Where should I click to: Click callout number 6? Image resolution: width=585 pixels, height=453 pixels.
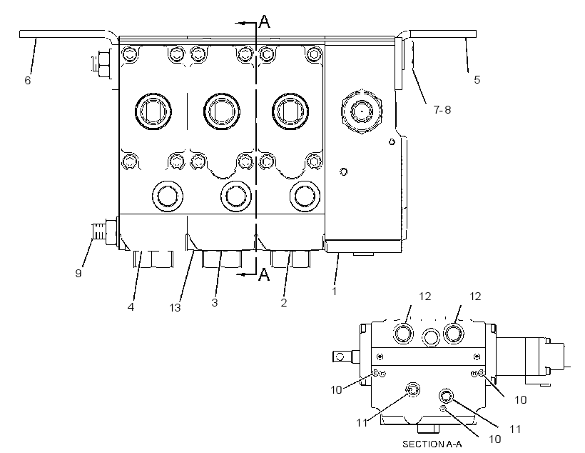(x=28, y=80)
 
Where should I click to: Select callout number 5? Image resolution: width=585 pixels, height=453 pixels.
(x=477, y=79)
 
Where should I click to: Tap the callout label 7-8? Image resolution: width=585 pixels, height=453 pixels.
(x=442, y=109)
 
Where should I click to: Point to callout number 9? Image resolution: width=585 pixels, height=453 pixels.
(x=78, y=273)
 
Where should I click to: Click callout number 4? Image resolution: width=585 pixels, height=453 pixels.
(x=131, y=307)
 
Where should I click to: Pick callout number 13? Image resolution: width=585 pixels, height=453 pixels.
(x=175, y=308)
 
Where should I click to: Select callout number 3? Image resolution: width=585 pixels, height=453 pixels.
(x=215, y=302)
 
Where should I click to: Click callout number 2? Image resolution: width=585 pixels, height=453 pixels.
(x=284, y=302)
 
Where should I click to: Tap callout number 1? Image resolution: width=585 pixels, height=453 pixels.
(x=335, y=291)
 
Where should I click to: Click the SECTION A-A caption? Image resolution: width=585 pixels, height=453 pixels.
(x=432, y=444)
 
